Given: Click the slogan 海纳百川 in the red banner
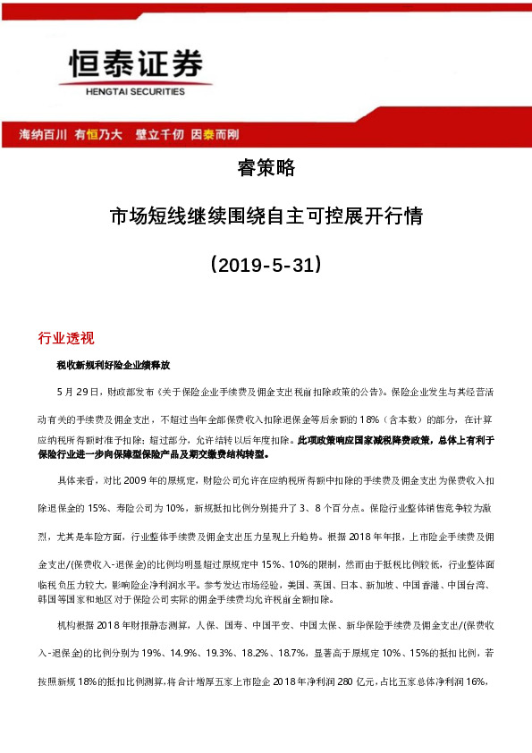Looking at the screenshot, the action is (x=44, y=134).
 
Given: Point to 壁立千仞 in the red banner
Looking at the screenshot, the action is (x=158, y=134).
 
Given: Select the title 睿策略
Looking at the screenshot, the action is (x=265, y=168).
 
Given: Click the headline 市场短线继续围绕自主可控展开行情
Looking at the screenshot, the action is (x=265, y=216).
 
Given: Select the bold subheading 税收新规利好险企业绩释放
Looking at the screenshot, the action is (x=113, y=367).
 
